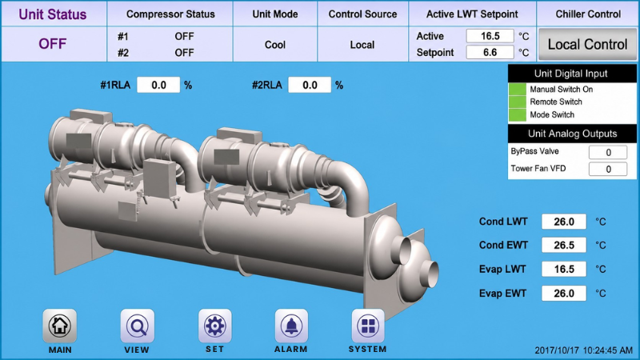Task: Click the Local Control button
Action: pos(587,44)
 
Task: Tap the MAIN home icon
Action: pos(59,326)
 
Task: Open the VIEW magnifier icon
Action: pos(137,326)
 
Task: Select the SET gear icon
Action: pos(214,326)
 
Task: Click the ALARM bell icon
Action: pos(291,326)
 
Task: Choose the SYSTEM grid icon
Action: pos(368,326)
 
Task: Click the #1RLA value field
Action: pos(158,85)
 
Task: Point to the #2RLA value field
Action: pos(310,85)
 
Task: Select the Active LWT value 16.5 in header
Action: pos(490,36)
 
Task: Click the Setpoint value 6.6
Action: pos(490,52)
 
